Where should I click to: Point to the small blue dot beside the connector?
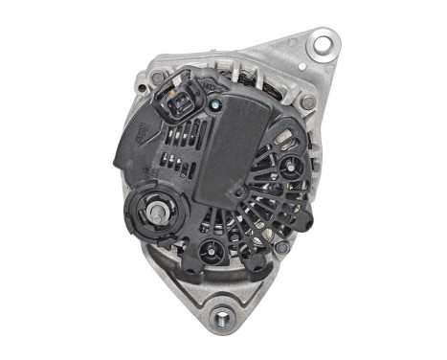(216, 105)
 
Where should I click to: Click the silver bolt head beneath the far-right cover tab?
(283, 246)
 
